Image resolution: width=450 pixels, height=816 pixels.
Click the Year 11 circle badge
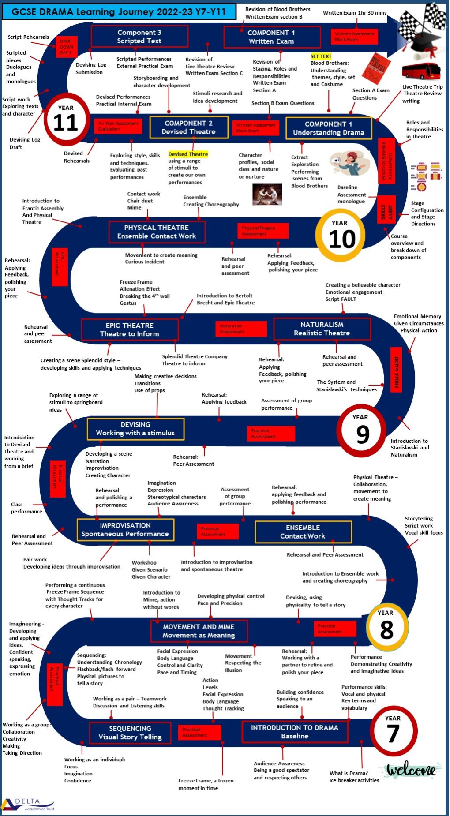66,119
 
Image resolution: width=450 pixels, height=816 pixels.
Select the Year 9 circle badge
361,430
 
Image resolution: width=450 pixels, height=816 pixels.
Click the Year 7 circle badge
393,730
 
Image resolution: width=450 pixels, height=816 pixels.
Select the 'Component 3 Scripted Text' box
139,37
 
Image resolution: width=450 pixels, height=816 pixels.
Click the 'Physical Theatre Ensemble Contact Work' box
157,232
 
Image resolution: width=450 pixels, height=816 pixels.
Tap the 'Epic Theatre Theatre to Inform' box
130,329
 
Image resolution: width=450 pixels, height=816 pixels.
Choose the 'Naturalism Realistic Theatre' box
322,329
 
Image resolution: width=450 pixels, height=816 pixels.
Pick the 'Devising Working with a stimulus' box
135,429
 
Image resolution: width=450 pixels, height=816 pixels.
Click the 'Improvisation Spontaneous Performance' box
125,530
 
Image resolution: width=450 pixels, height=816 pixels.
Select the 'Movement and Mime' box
199,631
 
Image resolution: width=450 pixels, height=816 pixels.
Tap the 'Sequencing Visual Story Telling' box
130,733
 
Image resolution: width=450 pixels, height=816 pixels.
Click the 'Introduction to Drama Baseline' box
294,732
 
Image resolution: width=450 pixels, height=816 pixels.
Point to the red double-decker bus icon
421,71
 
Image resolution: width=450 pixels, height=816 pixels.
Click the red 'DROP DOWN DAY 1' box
67,47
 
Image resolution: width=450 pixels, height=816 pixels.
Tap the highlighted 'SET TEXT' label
321,56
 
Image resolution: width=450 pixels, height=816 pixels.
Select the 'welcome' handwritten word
411,770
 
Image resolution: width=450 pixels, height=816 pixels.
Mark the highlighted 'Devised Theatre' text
188,154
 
